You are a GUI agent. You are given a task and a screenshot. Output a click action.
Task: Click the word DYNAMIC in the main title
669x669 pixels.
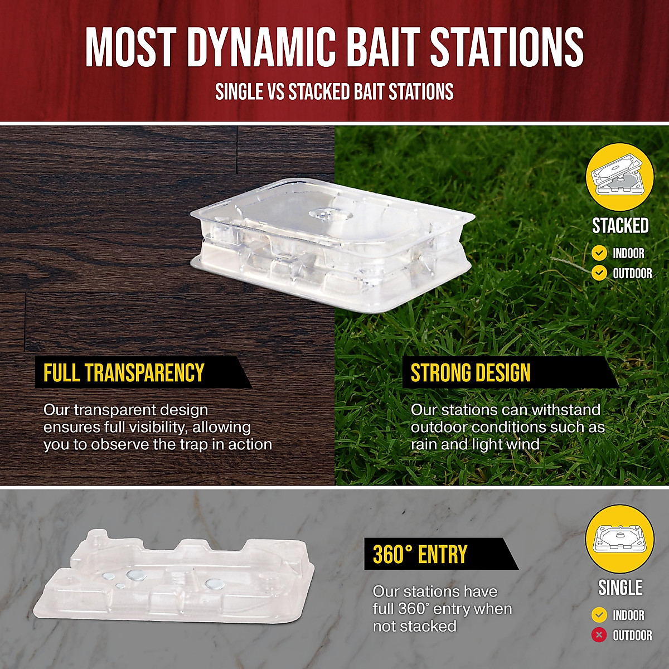point(261,47)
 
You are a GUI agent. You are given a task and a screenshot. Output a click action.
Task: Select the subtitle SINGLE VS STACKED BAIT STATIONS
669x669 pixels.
point(334,92)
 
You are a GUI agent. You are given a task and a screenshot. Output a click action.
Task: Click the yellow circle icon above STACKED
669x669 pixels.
point(620,177)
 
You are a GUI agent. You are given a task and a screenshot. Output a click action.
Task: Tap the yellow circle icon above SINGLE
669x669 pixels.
point(620,539)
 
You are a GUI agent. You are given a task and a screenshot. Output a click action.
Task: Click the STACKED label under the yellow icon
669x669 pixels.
point(620,226)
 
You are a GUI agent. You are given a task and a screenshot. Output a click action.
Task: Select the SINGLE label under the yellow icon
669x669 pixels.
point(620,588)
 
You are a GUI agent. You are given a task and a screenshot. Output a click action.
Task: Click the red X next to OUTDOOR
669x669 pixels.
point(599,635)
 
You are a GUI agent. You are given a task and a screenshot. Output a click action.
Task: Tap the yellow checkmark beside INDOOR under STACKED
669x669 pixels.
point(599,254)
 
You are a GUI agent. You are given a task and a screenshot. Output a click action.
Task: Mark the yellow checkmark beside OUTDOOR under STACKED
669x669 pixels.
point(599,273)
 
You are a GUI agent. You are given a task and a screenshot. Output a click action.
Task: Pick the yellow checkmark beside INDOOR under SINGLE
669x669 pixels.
point(599,615)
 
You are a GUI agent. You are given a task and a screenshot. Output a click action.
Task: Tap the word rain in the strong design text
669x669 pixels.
point(424,444)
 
